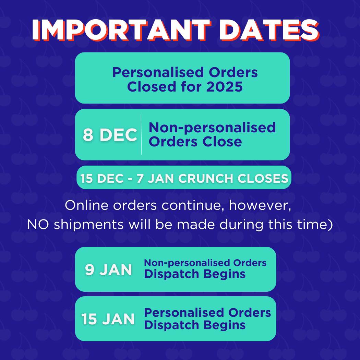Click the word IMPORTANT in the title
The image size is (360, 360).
click(x=122, y=30)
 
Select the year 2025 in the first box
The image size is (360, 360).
click(x=224, y=87)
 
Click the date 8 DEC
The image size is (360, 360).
click(x=110, y=134)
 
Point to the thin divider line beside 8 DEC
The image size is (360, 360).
click(x=141, y=134)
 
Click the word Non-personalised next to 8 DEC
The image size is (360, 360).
click(x=212, y=128)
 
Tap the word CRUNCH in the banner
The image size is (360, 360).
click(x=206, y=178)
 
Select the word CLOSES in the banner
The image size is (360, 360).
click(x=263, y=178)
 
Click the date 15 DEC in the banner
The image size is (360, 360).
click(x=102, y=178)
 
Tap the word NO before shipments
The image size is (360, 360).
click(x=38, y=225)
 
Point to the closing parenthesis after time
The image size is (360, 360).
click(x=331, y=225)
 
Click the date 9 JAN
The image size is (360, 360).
click(x=108, y=269)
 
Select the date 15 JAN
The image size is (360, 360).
click(x=108, y=319)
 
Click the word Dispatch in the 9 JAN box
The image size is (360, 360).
click(x=171, y=274)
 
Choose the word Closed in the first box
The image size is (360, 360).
click(x=152, y=87)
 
